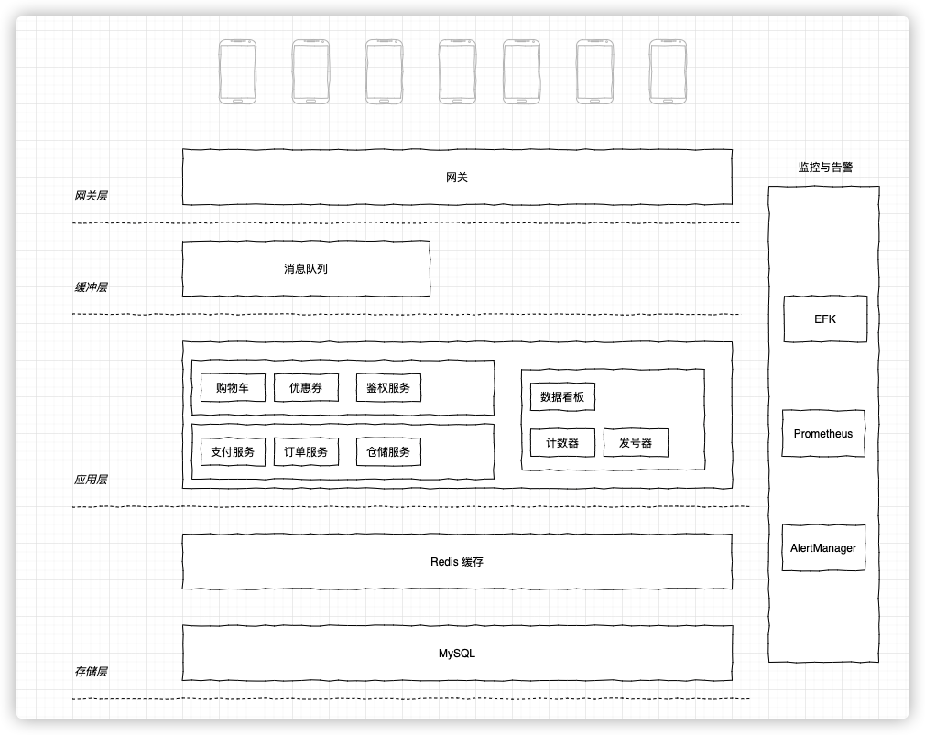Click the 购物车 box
click(x=233, y=388)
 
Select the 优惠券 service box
click(x=306, y=388)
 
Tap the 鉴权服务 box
click(x=388, y=388)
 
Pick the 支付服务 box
click(x=233, y=452)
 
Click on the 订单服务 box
click(x=306, y=452)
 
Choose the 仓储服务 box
click(x=388, y=452)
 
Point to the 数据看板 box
click(x=562, y=397)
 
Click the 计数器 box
click(x=562, y=443)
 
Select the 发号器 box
click(x=636, y=443)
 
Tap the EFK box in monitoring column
click(x=825, y=319)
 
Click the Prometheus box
click(x=823, y=434)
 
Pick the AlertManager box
click(x=823, y=548)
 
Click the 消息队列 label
click(x=306, y=269)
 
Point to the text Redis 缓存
click(x=457, y=562)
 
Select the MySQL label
click(x=457, y=654)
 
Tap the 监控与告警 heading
click(x=826, y=168)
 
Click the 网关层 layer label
click(x=91, y=196)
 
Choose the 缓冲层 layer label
click(x=91, y=287)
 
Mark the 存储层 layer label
click(x=91, y=672)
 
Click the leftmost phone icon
click(x=237, y=71)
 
